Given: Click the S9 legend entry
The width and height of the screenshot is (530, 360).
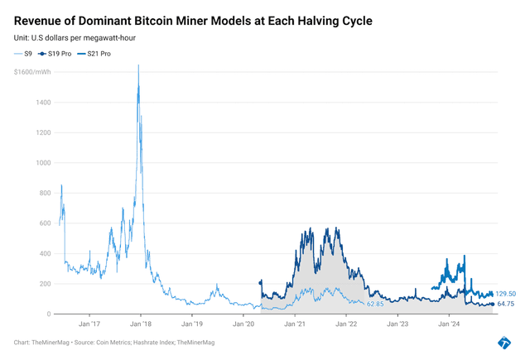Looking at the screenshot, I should click(x=26, y=54).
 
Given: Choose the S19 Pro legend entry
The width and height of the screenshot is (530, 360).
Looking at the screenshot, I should click(x=60, y=54).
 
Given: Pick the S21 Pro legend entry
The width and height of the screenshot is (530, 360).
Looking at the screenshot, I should click(x=96, y=54).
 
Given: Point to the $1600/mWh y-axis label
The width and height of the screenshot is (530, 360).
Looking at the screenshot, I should click(x=30, y=72).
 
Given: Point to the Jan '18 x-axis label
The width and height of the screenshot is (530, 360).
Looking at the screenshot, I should click(x=141, y=325).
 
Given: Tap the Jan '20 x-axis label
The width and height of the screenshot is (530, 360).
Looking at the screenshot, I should click(x=243, y=325).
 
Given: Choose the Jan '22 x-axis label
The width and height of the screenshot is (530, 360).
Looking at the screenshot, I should click(x=346, y=325).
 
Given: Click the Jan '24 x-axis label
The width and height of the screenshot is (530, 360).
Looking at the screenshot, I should click(x=449, y=325).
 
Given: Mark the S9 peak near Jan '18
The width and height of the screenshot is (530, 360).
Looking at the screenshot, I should click(x=137, y=65).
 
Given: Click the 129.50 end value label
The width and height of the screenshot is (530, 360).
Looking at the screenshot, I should click(x=506, y=294).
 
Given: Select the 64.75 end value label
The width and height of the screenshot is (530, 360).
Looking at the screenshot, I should click(x=506, y=305).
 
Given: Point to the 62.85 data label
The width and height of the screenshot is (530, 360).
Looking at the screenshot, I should click(x=375, y=305).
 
